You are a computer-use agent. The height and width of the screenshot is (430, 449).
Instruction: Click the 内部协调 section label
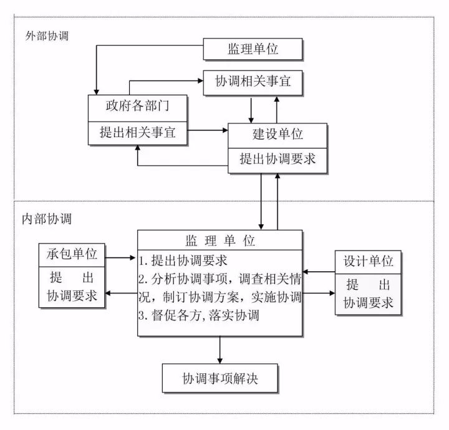pyautogui.click(x=47, y=219)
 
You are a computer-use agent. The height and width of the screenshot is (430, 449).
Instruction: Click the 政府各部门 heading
pyautogui.click(x=137, y=107)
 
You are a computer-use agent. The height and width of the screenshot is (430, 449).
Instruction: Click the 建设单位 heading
pyautogui.click(x=278, y=134)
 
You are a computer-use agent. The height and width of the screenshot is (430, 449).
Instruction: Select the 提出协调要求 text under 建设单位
pyautogui.click(x=278, y=159)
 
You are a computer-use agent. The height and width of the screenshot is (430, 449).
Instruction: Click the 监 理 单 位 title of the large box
pyautogui.click(x=220, y=241)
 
